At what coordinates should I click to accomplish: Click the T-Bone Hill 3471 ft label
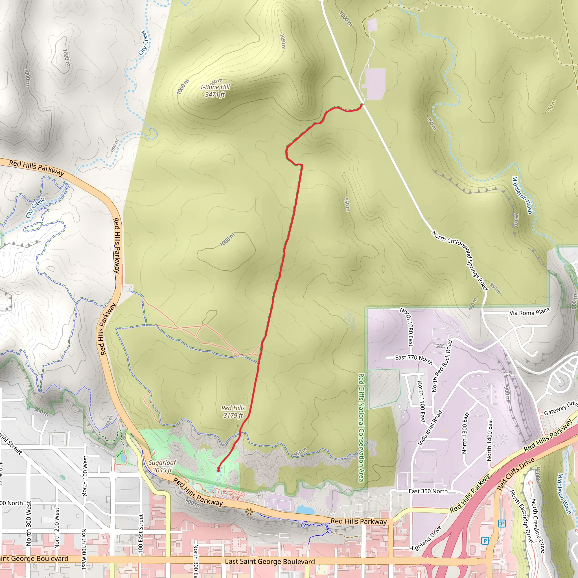[215, 91]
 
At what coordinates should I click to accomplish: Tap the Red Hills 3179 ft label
[233, 412]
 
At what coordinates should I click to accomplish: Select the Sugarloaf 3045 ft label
[162, 466]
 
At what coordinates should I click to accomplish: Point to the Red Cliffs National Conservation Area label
[361, 428]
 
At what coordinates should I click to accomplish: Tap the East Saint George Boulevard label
[270, 562]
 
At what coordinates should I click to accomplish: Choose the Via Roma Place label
[529, 312]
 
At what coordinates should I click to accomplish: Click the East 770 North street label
[414, 359]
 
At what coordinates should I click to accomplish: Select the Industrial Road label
[430, 428]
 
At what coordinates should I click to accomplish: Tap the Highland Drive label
[425, 538]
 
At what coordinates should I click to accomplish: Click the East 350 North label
[428, 491]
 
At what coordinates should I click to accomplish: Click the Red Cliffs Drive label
[515, 474]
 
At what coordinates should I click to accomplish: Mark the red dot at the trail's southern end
[219, 469]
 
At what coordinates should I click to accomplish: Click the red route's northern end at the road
[362, 105]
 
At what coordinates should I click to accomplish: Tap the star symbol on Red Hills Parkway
[249, 513]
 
